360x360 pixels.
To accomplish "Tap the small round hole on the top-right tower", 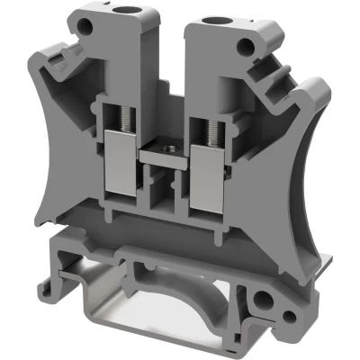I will coord(245,50).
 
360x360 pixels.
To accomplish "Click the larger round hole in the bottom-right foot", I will coord(262,296).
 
